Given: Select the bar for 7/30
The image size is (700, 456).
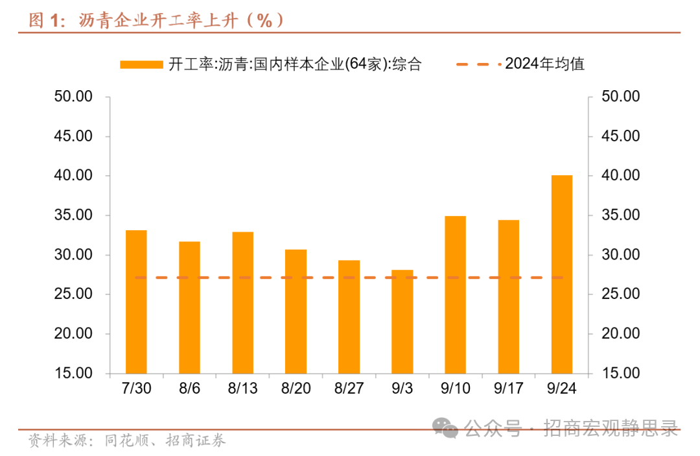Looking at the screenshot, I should (x=136, y=302).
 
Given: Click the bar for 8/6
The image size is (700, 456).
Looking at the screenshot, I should (x=189, y=307).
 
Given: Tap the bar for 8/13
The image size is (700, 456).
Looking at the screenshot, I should (x=242, y=302).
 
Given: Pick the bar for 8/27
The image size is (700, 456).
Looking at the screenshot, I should (x=349, y=317).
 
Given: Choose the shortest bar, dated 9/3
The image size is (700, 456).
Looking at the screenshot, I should (x=402, y=321).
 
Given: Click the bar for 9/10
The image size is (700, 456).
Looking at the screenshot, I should (x=455, y=294).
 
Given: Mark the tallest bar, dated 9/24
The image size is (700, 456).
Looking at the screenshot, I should (x=561, y=274).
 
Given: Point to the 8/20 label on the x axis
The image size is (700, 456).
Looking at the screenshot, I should (x=296, y=388).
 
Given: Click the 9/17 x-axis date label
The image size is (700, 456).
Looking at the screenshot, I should (x=508, y=388).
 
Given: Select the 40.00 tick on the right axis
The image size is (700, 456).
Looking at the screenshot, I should (x=620, y=176).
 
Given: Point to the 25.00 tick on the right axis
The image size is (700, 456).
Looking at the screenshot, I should (x=620, y=294).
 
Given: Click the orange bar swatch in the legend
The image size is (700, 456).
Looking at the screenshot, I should (x=141, y=64).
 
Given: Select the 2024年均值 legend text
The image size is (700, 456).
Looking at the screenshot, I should (x=545, y=64).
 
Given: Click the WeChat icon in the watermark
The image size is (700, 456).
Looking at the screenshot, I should (x=446, y=426).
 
